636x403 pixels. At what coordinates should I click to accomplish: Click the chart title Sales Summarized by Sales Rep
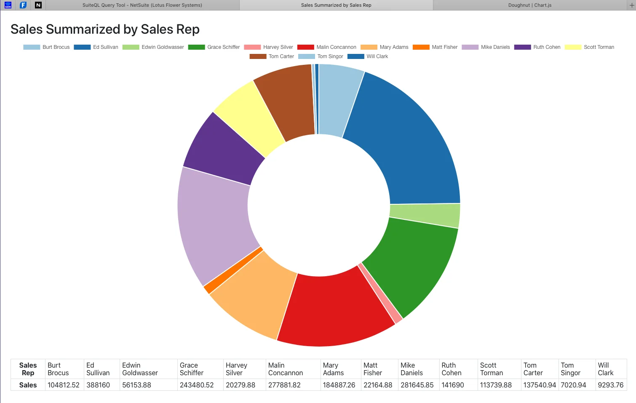(x=105, y=29)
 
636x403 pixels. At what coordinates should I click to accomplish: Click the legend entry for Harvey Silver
(x=268, y=47)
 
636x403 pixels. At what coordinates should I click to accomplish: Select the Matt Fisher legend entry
(x=435, y=47)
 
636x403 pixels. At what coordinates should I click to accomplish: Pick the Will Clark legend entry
(x=368, y=56)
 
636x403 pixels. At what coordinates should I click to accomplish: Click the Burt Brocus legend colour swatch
(x=32, y=47)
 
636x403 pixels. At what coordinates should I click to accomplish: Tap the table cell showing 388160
(x=98, y=385)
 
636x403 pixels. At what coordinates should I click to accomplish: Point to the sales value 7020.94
(x=574, y=385)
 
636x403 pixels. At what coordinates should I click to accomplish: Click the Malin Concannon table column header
(x=286, y=369)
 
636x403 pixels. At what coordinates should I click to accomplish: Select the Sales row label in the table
(x=28, y=385)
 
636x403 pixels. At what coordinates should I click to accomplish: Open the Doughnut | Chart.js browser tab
(x=530, y=5)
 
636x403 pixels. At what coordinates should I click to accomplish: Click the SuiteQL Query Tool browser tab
(x=142, y=5)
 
